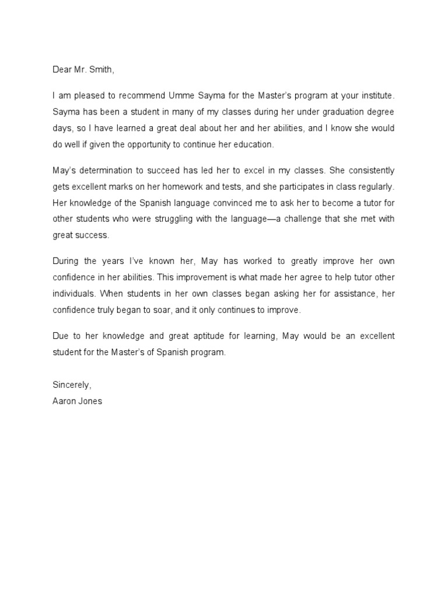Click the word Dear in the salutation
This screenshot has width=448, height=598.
pos(62,70)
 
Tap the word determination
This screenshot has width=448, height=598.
pos(108,171)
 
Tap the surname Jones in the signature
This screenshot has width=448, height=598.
pos(90,401)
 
